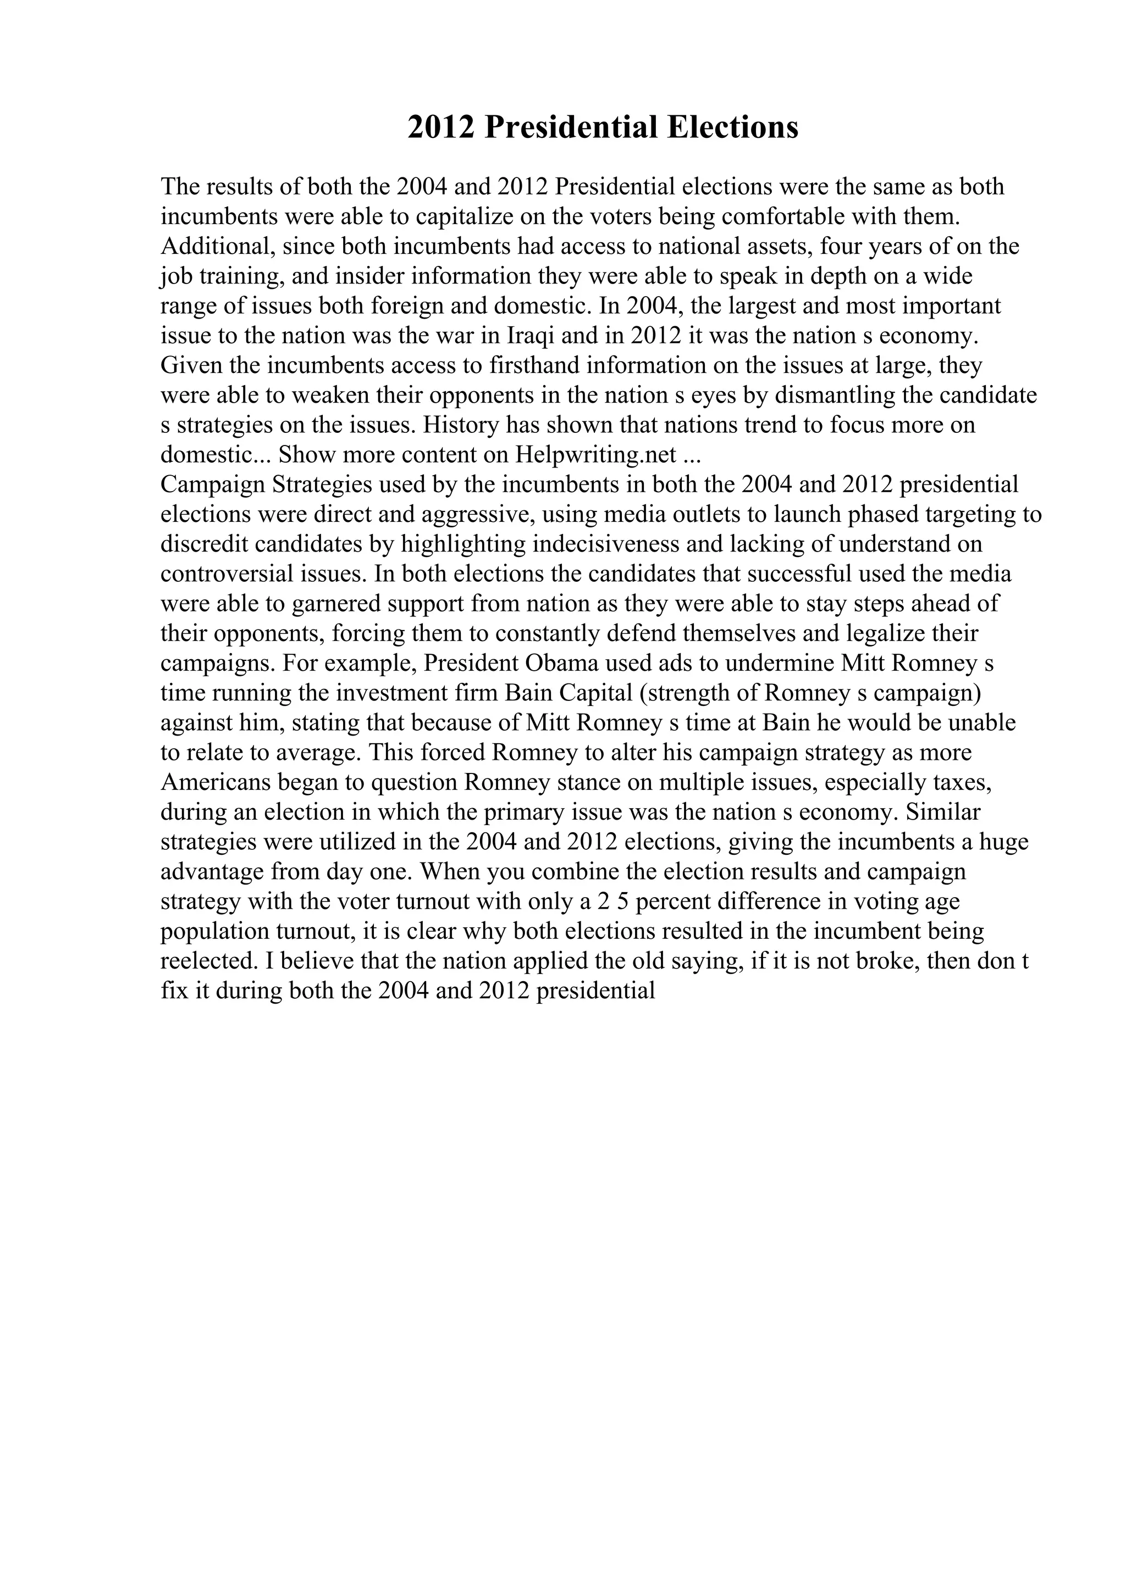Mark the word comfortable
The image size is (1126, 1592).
(784, 216)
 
